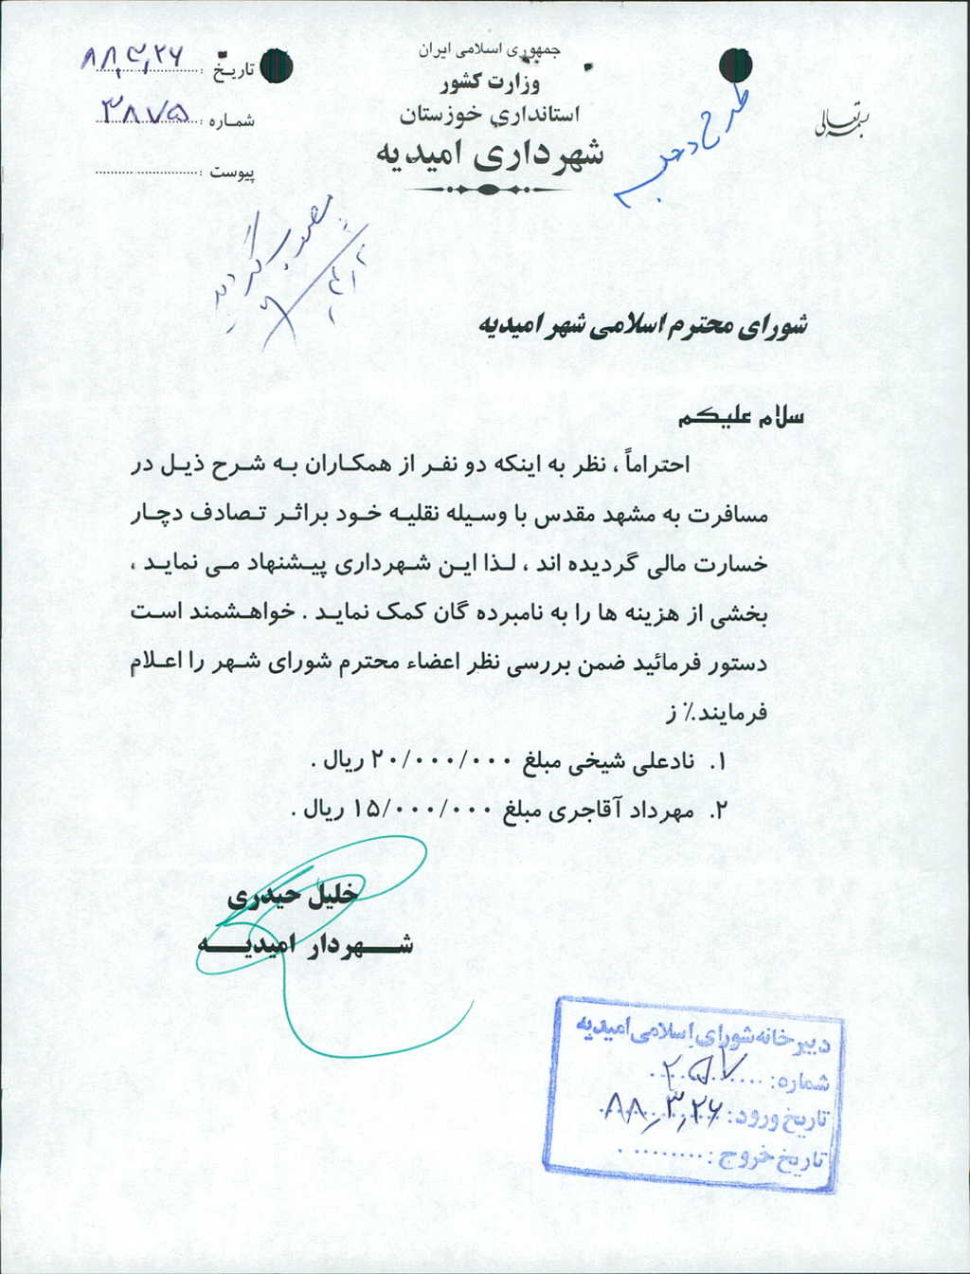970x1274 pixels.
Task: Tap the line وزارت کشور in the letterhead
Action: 490,84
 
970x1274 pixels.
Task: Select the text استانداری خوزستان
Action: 489,115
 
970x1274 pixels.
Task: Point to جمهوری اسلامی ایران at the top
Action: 489,50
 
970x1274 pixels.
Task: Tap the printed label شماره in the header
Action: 230,121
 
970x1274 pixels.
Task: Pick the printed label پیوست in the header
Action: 232,173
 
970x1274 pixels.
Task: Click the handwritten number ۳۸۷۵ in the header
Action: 147,113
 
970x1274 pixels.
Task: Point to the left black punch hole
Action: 277,66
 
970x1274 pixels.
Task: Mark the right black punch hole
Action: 735,65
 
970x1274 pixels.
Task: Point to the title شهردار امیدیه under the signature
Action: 305,944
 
